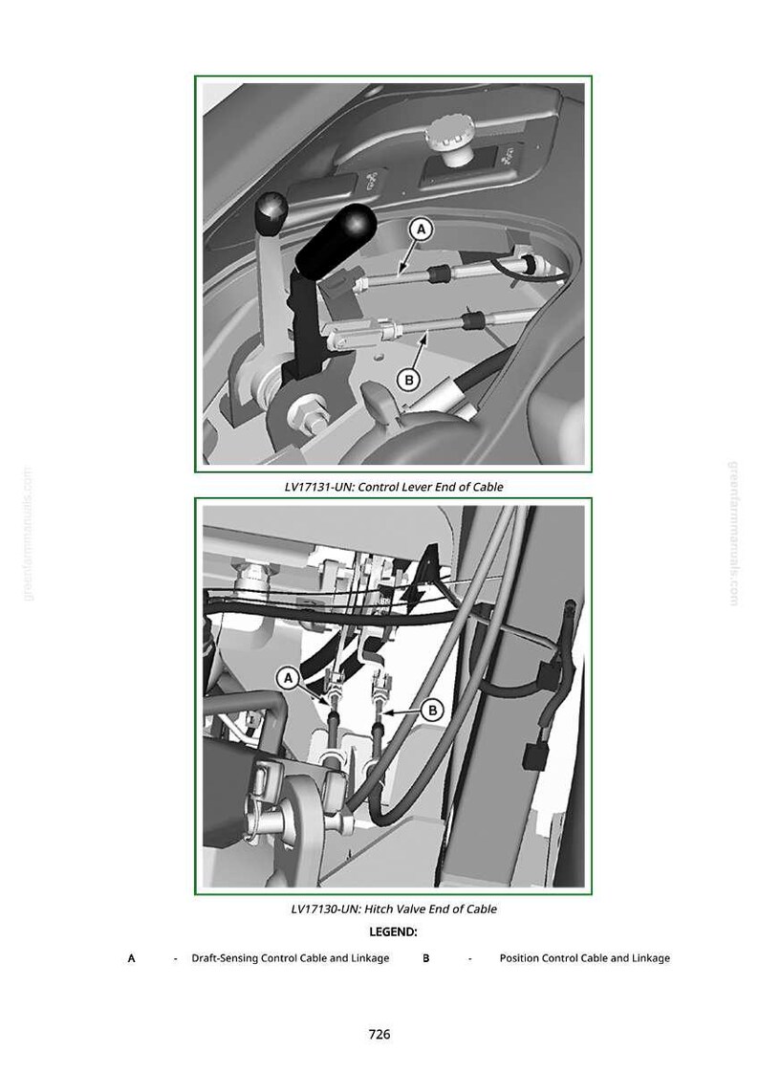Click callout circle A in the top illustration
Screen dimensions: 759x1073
[422, 230]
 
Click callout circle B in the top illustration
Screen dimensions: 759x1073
[408, 379]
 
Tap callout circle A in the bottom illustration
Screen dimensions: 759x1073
[288, 678]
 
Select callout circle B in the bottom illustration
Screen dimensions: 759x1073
[432, 711]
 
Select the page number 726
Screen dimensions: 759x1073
[379, 1034]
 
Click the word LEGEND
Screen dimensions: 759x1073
[393, 932]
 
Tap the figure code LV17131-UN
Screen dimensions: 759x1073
[317, 487]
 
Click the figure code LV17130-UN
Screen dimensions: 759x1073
[324, 909]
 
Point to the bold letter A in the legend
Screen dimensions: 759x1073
[131, 959]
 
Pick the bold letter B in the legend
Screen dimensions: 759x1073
[426, 959]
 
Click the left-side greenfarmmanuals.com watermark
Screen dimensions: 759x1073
[28, 535]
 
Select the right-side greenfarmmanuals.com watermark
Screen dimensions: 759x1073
[734, 533]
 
